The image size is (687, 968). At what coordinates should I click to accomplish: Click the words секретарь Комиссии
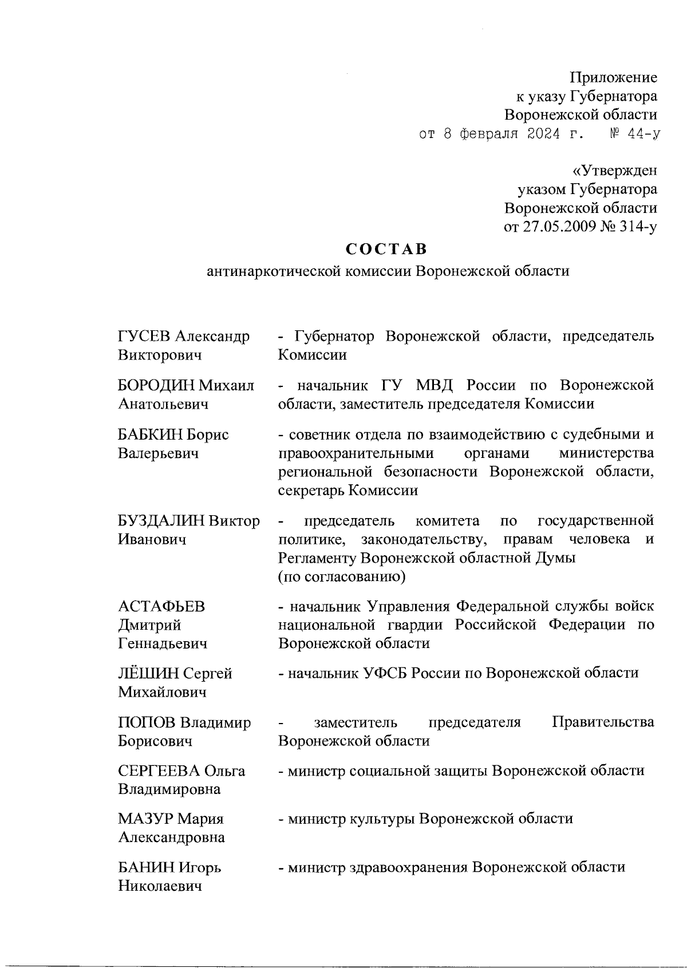[x=348, y=491]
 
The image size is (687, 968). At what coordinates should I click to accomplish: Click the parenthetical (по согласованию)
[x=342, y=576]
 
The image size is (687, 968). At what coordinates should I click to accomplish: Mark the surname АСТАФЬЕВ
[x=161, y=606]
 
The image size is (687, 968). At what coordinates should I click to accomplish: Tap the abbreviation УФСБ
[x=386, y=673]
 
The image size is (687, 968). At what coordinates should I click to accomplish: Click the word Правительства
[x=602, y=722]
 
